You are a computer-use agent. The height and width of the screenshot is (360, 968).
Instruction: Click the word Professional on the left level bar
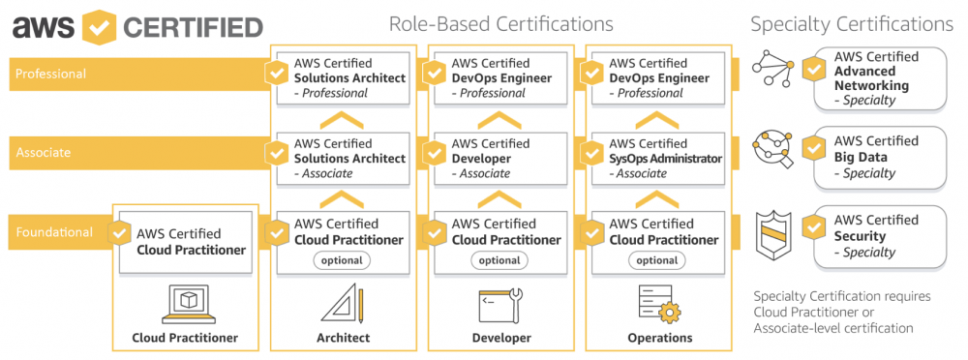click(x=50, y=74)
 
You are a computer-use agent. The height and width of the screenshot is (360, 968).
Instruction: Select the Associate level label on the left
click(x=44, y=153)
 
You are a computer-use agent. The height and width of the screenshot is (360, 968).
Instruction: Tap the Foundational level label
click(x=53, y=232)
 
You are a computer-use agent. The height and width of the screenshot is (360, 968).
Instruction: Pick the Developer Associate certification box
click(x=501, y=158)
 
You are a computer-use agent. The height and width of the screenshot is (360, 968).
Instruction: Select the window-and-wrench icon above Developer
click(x=500, y=304)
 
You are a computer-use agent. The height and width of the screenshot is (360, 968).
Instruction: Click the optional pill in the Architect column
click(x=341, y=260)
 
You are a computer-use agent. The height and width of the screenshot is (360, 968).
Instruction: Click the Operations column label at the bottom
click(x=658, y=338)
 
